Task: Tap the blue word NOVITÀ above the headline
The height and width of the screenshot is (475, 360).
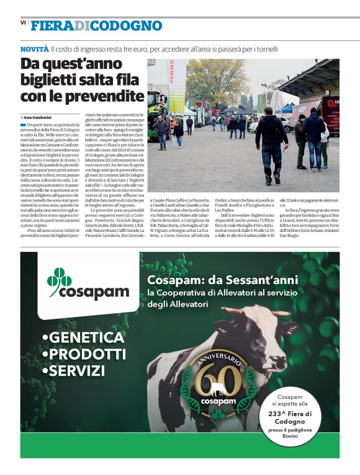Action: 34,48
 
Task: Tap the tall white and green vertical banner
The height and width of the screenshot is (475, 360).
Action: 176,87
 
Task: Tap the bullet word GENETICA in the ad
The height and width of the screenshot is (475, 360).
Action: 84,338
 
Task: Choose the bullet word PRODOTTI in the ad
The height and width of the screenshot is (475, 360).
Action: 83,354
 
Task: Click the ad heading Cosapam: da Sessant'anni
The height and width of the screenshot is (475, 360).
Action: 222,280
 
